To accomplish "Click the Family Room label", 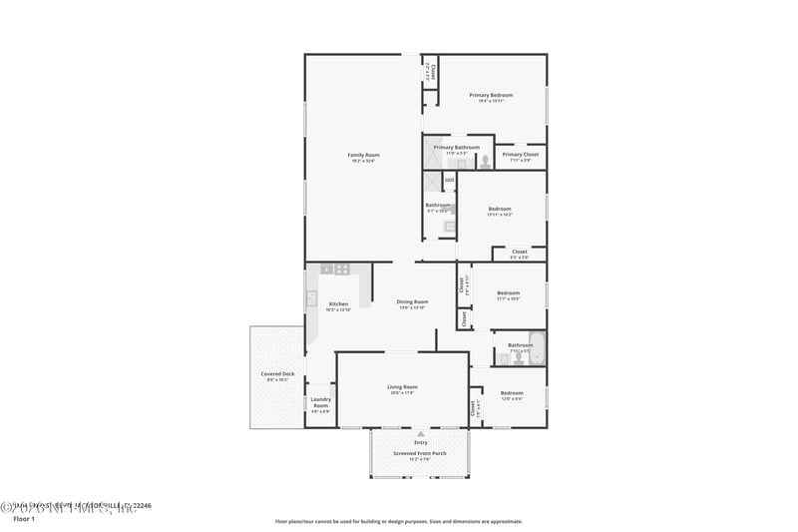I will (x=363, y=155).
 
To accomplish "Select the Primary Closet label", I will (x=520, y=155).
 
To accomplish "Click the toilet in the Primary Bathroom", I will (x=484, y=160).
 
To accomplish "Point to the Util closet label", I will (x=449, y=180).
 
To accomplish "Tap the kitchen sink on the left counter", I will (x=311, y=297).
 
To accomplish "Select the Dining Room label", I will (x=412, y=301).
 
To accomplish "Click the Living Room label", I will (x=402, y=386).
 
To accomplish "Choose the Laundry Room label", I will (x=320, y=402).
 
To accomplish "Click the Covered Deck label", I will (x=277, y=374).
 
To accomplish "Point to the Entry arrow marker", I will (x=421, y=434).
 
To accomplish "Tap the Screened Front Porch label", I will (x=420, y=453).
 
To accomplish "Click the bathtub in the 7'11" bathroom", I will (x=536, y=346).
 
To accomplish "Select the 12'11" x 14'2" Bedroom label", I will (x=500, y=209).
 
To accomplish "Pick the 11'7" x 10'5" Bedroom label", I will (x=509, y=293).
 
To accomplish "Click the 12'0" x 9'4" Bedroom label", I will (x=512, y=392).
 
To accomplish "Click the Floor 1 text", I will (x=23, y=519).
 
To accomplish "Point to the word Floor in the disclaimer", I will (x=283, y=521).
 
